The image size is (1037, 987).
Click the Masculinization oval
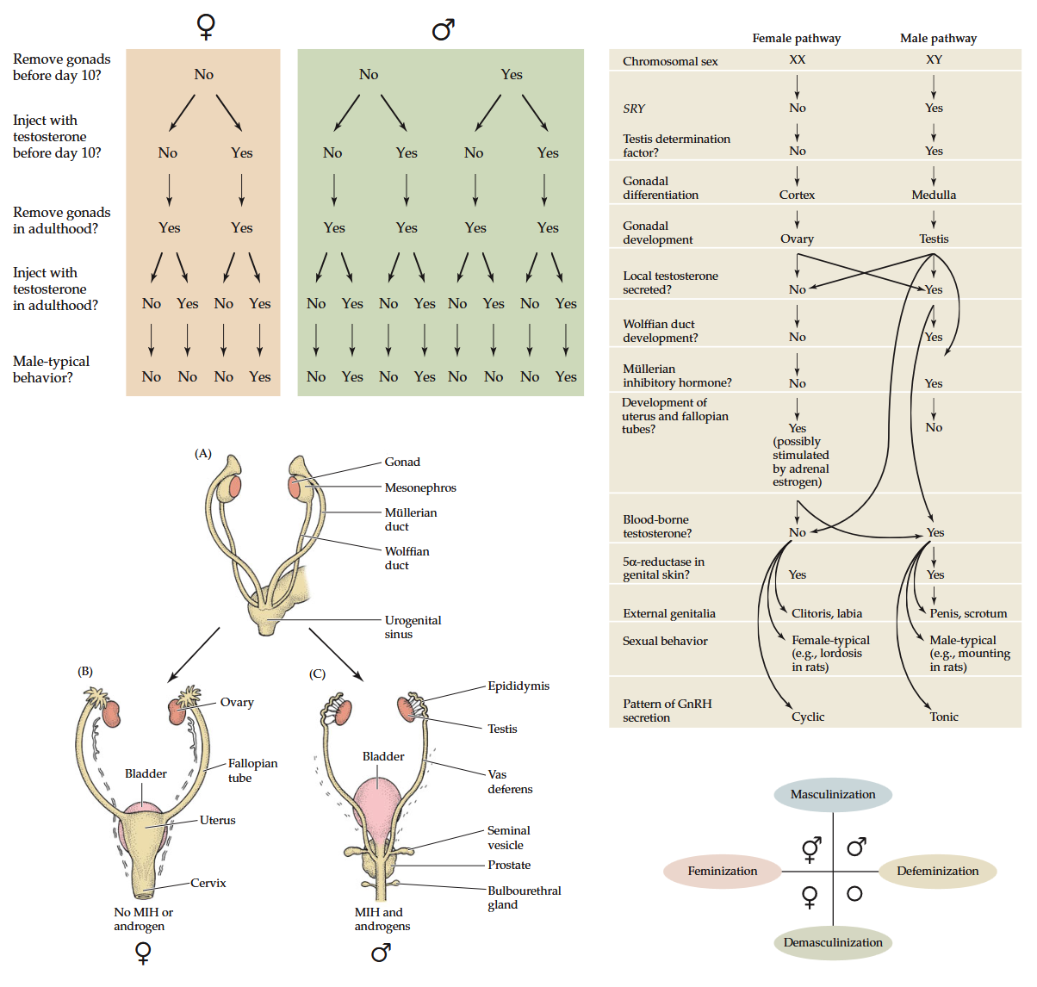click(x=833, y=794)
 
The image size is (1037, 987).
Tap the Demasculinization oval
click(x=833, y=942)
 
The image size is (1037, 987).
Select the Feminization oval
click(x=723, y=871)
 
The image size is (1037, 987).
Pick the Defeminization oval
click(x=937, y=871)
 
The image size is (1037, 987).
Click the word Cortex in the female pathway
click(x=797, y=195)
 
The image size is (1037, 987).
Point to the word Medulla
click(x=934, y=195)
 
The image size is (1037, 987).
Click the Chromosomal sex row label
click(x=670, y=61)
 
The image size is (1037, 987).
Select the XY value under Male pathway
click(x=934, y=59)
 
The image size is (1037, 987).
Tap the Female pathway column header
click(x=796, y=38)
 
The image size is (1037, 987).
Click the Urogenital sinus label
click(x=413, y=627)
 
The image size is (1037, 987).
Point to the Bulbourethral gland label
click(x=524, y=897)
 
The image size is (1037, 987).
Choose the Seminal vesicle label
click(x=508, y=837)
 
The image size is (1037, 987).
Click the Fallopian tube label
click(x=252, y=770)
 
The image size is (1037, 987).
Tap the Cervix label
click(x=208, y=883)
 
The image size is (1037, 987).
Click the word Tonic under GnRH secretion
click(x=944, y=717)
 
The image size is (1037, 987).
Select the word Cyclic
click(x=808, y=717)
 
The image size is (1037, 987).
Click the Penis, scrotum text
click(x=968, y=613)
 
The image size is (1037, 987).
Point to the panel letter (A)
click(x=203, y=453)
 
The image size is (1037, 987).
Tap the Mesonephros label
click(x=420, y=487)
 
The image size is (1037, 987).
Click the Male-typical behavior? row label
click(x=51, y=369)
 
